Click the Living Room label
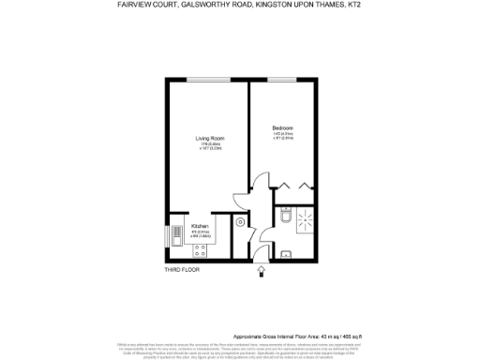pos(208,138)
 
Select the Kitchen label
pos(200,226)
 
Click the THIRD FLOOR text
pos(183,270)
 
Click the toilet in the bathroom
pos(284,217)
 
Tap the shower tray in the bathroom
pos(306,221)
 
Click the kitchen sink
pos(174,232)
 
